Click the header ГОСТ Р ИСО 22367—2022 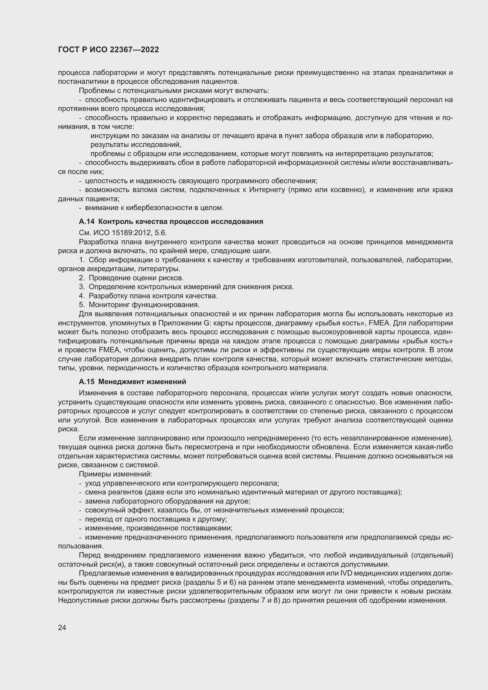pyautogui.click(x=109, y=50)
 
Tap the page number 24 pyautogui.click(x=62, y=627)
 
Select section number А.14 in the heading pyautogui.click(x=86, y=222)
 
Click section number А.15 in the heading pyautogui.click(x=86, y=382)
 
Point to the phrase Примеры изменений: pyautogui.click(x=115, y=474)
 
